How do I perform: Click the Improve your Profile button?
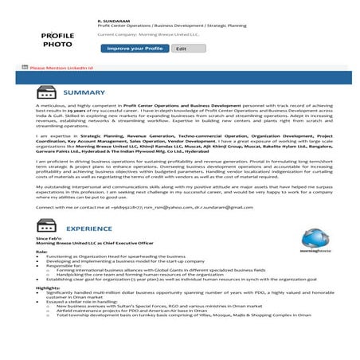[134, 49]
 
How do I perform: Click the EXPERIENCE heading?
[88, 228]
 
